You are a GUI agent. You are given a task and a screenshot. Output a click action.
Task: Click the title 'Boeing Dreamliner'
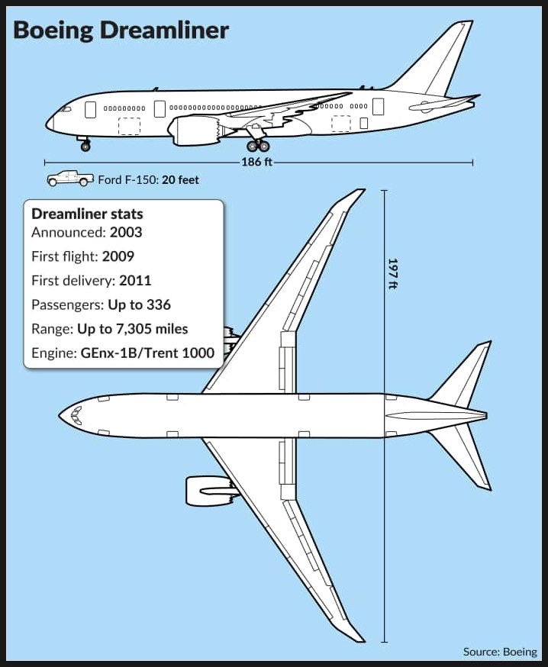[x=121, y=31]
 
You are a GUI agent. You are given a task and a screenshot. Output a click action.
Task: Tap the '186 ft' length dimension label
[x=256, y=162]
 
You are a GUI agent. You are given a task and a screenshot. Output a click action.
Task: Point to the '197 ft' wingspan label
[x=393, y=273]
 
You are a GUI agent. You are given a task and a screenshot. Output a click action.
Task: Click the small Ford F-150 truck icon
[x=69, y=179]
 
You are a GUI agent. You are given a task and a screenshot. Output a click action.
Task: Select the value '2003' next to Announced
[x=126, y=232]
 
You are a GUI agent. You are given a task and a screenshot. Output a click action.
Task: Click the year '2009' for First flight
[x=118, y=256]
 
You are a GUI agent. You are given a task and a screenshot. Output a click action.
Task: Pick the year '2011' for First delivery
[x=135, y=281]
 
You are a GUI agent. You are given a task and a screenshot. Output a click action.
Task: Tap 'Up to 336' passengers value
[x=139, y=305]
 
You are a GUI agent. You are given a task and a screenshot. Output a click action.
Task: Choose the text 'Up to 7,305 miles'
[x=132, y=329]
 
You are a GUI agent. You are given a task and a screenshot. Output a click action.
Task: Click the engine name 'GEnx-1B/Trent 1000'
[x=147, y=353]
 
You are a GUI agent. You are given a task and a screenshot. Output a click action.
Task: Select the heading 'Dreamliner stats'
[x=87, y=214]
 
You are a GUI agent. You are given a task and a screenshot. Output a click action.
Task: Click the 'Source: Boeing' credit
[x=501, y=652]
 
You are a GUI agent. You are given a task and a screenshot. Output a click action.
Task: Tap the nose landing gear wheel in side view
[x=85, y=147]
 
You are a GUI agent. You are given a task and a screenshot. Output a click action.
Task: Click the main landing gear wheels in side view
[x=258, y=147]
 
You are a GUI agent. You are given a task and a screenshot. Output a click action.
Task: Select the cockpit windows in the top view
[x=76, y=416]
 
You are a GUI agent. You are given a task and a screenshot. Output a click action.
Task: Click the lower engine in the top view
[x=208, y=491]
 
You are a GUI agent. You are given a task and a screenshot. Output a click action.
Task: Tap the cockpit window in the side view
[x=66, y=109]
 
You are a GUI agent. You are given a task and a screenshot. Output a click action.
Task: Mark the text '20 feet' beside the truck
[x=180, y=180]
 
